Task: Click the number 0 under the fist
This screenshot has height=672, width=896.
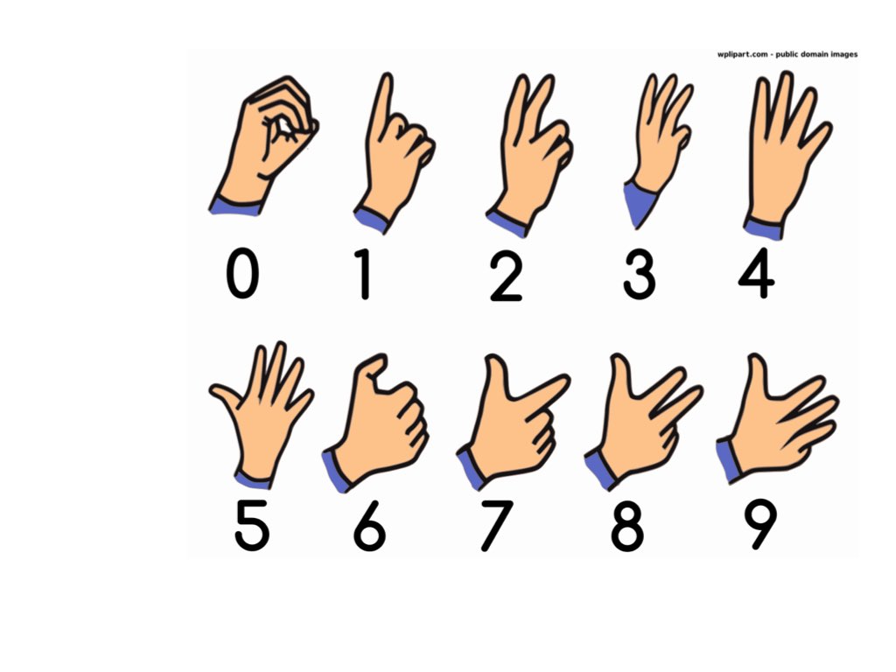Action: click(x=242, y=273)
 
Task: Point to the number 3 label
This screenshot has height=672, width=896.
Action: click(x=639, y=273)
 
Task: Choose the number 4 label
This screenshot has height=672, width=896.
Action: click(x=756, y=273)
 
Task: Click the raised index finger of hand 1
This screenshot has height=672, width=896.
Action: click(x=381, y=105)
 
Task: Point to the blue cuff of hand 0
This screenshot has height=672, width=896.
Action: click(x=234, y=206)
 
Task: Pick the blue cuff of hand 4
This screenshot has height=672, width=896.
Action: click(x=763, y=228)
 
